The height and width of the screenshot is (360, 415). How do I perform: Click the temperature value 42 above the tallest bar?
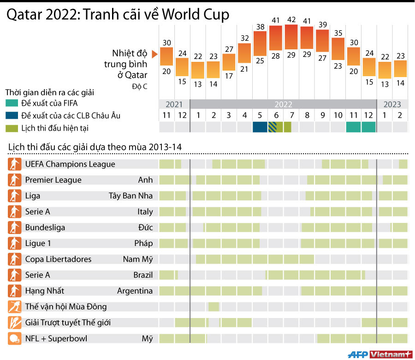291,20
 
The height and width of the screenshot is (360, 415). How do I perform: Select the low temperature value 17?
229,75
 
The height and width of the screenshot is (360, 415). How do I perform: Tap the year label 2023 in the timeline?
392,104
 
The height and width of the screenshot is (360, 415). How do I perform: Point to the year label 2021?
174,104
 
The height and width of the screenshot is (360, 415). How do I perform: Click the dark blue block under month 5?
260,127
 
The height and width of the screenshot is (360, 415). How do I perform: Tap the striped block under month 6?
276,127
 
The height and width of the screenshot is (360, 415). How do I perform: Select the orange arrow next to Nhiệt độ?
154,55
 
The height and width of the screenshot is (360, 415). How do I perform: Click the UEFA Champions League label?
70,164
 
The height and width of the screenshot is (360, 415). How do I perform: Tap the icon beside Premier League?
15,180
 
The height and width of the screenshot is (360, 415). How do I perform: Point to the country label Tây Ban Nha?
130,196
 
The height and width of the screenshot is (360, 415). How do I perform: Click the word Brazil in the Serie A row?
143,275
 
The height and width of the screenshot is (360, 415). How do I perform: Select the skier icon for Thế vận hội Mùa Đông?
15,306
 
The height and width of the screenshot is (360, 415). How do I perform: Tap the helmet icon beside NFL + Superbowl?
15,338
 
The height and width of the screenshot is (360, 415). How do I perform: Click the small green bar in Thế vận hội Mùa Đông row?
213,306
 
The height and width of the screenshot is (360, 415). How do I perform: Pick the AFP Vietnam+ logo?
379,354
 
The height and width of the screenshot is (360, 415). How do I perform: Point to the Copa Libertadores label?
58,259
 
